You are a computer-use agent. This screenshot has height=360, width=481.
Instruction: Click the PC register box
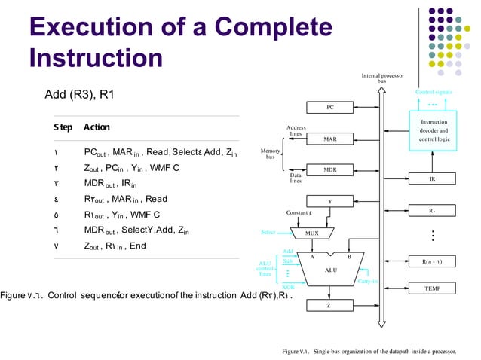329,108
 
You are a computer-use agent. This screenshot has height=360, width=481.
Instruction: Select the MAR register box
329,139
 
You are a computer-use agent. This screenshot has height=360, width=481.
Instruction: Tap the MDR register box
329,170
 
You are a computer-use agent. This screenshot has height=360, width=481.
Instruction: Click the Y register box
329,201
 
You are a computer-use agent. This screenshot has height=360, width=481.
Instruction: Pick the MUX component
312,233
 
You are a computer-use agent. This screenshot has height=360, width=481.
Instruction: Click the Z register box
329,306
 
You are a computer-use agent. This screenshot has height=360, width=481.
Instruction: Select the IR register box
432,179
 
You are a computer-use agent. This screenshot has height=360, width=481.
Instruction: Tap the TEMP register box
432,288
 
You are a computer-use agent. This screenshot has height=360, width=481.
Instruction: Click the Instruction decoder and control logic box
433,130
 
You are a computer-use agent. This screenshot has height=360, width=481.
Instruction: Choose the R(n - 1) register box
432,261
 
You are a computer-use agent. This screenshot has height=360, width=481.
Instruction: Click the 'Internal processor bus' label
381,78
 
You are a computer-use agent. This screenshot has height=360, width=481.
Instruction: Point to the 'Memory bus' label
269,154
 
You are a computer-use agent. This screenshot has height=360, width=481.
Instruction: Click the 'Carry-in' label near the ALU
367,282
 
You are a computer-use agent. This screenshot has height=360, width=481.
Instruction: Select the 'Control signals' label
433,92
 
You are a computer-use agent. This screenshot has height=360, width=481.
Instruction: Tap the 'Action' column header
97,127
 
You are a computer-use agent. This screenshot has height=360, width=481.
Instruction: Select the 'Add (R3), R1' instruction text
81,94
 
